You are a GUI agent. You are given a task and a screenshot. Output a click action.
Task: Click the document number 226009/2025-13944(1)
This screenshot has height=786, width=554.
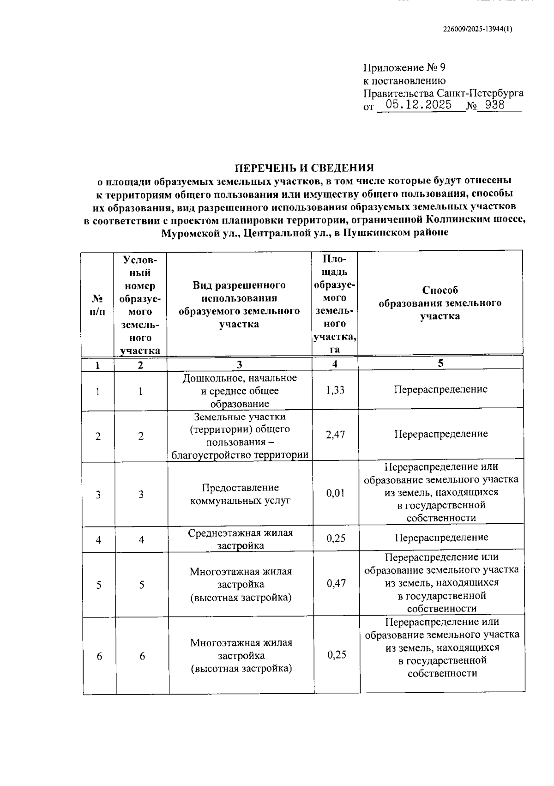point(477,29)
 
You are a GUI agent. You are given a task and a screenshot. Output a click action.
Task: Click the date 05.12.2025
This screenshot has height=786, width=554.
point(419,105)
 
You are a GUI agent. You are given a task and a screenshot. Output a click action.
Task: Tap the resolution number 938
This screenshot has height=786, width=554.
point(495,105)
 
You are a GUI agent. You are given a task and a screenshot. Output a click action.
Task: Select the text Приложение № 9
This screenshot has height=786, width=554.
point(404,68)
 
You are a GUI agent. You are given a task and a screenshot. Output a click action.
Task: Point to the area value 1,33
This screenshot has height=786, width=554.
point(335,390)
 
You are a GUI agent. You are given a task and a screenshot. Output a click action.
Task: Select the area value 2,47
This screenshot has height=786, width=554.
point(335,435)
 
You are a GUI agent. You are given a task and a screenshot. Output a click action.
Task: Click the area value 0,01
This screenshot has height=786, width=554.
point(336,493)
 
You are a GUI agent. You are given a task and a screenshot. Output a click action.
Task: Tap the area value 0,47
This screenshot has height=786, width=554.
point(336,583)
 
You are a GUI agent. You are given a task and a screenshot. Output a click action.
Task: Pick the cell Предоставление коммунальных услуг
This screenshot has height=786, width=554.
point(240,494)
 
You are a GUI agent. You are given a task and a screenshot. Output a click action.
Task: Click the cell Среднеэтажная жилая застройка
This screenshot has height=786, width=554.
point(240,539)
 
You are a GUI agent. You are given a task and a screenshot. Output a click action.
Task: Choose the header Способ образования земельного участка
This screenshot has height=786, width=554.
point(440,303)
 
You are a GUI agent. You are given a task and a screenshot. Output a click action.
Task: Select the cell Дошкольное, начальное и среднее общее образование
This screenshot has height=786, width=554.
point(240,391)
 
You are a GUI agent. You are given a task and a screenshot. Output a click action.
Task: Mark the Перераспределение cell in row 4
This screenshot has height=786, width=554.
point(441,538)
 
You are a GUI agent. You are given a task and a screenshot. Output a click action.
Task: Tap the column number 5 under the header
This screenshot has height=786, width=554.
point(440,363)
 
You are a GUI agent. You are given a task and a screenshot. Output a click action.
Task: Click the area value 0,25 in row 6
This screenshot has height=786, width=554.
point(337,655)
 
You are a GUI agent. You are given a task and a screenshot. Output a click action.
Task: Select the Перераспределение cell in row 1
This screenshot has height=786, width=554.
point(440,389)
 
